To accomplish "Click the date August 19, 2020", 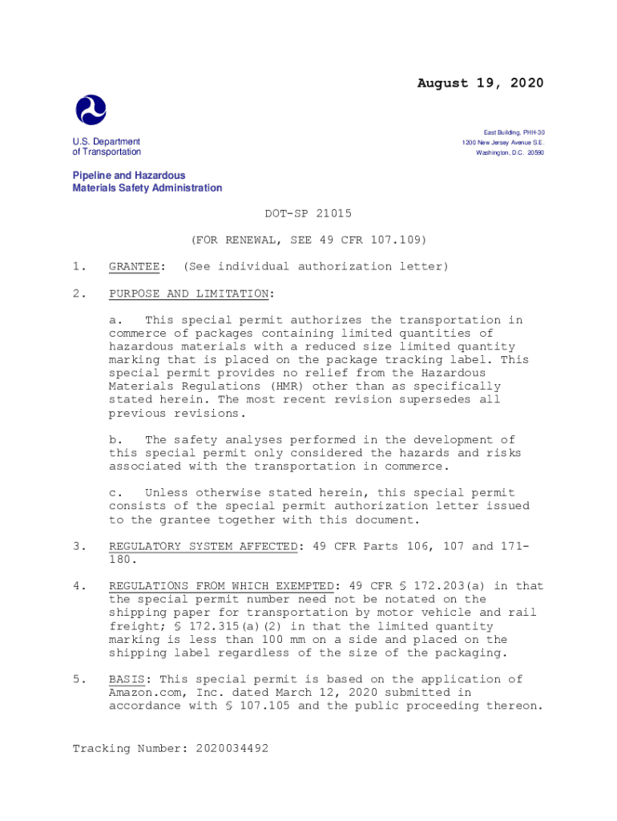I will pos(480,83).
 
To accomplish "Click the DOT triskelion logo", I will pos(91,110).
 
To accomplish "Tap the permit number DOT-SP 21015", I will pos(308,213).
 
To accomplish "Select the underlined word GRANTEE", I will pos(137,266).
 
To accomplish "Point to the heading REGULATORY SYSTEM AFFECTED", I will pos(204,546).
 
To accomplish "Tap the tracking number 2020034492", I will pos(228,748).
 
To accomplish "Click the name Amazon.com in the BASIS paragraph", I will pos(145,693).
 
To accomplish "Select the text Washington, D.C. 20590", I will pos(510,152).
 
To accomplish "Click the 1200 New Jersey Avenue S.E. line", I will pos(502,142).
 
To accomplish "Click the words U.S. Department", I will pos(106,142).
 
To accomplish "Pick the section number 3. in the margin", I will pos(79,546).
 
